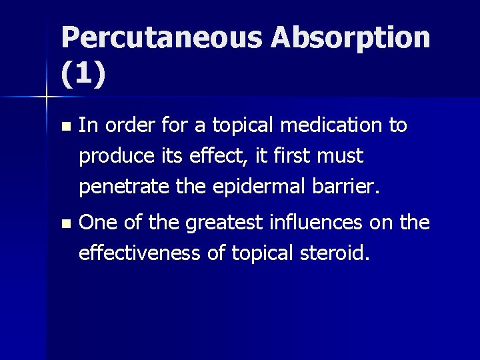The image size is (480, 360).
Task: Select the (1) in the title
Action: tap(83, 75)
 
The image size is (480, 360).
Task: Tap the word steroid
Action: tap(331, 253)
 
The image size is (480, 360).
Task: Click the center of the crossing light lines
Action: tap(46, 97)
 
